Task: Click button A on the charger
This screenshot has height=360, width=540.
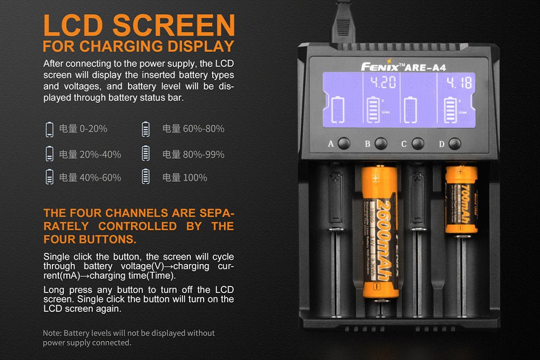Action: [344, 144]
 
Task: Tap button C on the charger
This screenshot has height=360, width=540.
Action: [417, 144]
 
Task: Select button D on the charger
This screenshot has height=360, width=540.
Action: [455, 144]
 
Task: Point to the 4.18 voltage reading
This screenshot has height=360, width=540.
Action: [458, 83]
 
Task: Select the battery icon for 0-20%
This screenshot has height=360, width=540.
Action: [50, 129]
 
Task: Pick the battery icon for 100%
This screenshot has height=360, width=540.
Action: [145, 177]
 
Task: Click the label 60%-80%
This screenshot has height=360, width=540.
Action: [193, 129]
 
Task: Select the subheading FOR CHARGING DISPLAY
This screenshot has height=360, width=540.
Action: [138, 46]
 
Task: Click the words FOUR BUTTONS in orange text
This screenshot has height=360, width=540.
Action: [90, 239]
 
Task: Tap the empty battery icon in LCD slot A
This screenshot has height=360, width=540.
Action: [337, 110]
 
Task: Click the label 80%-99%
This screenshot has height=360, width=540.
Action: [193, 154]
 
